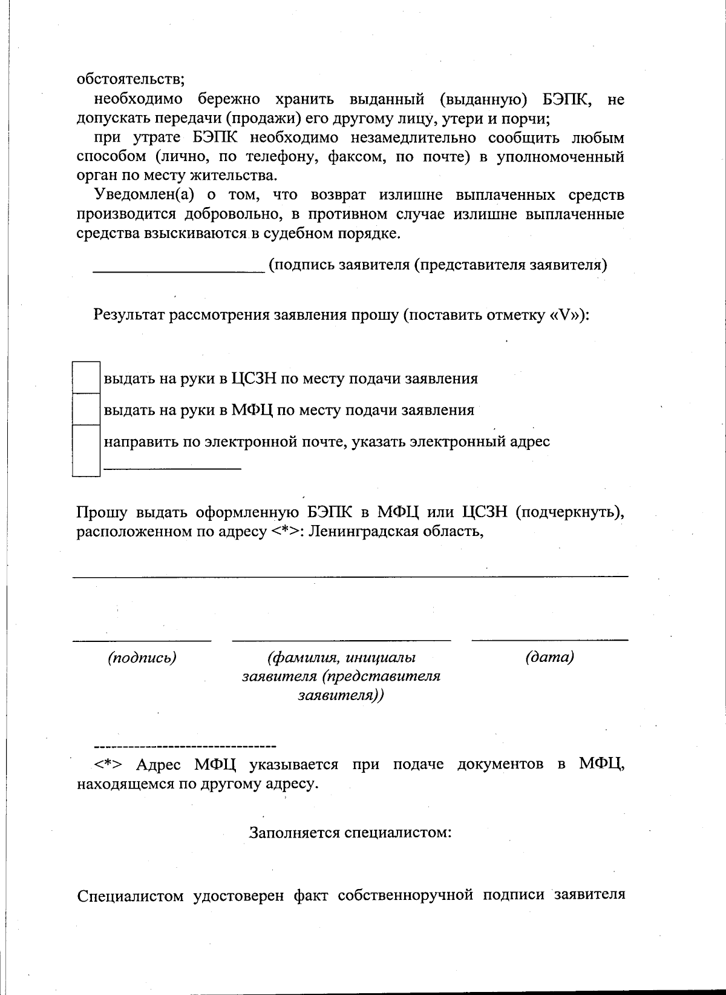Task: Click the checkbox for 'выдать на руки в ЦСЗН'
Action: pyautogui.click(x=86, y=377)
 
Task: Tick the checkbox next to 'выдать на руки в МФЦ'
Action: pyautogui.click(x=86, y=409)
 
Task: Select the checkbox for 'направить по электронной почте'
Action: pyautogui.click(x=86, y=450)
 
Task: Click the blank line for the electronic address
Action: pyautogui.click(x=173, y=468)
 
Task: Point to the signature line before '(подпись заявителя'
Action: pyautogui.click(x=178, y=273)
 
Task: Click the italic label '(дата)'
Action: pyautogui.click(x=549, y=657)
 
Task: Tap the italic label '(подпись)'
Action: pyautogui.click(x=142, y=658)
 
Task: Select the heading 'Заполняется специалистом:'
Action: pyautogui.click(x=350, y=832)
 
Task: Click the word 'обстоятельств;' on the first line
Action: pyautogui.click(x=131, y=79)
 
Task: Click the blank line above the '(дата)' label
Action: pyautogui.click(x=549, y=639)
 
